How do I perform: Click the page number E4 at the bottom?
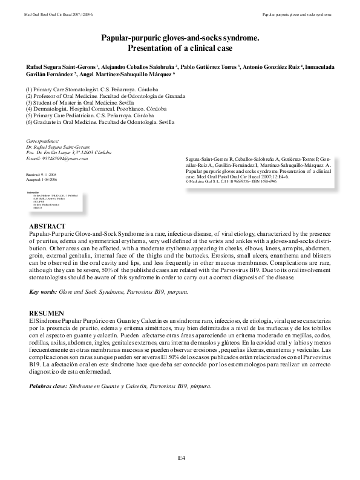(180, 459)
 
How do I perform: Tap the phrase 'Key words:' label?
(42, 292)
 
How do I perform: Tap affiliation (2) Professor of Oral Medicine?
(105, 96)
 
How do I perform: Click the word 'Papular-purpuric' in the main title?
(132, 37)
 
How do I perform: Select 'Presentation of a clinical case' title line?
(180, 48)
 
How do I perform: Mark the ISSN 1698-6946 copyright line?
(230, 181)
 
